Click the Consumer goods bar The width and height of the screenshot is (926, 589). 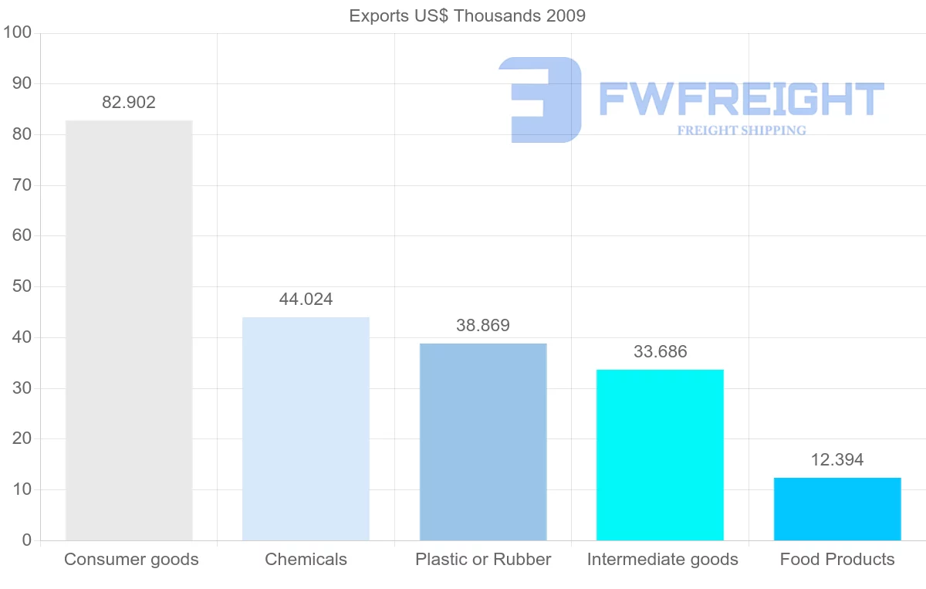(x=129, y=330)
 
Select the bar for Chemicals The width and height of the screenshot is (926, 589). (x=306, y=428)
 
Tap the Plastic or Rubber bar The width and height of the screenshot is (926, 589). (x=483, y=442)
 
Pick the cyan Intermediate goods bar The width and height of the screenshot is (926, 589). (x=660, y=455)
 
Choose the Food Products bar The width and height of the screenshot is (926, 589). (x=837, y=509)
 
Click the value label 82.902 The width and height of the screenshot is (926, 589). (x=129, y=103)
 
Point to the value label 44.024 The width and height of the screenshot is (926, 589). (x=306, y=300)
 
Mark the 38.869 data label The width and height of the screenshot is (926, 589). (x=483, y=326)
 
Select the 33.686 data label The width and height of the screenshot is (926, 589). (x=660, y=352)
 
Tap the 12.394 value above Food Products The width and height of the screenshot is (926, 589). (x=837, y=460)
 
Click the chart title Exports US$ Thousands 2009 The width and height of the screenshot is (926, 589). (x=468, y=15)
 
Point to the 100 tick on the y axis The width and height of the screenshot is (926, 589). (x=16, y=32)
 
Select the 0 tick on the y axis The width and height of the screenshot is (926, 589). (x=26, y=540)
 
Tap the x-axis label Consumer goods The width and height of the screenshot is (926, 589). (x=131, y=560)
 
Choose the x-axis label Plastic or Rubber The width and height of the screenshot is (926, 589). (x=483, y=560)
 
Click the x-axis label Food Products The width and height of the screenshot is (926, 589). (x=837, y=560)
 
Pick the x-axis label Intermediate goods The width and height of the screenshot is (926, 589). (x=662, y=560)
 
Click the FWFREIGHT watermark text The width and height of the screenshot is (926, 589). (x=741, y=99)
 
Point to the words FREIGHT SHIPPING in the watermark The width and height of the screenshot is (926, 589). (x=742, y=130)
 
